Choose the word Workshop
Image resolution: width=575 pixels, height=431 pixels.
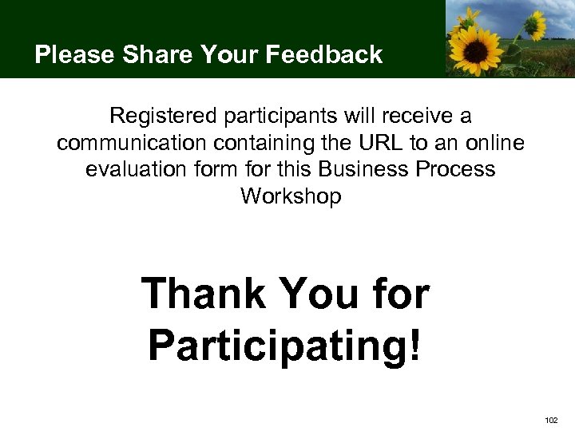point(291,196)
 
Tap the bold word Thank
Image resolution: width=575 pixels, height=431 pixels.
point(203,295)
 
